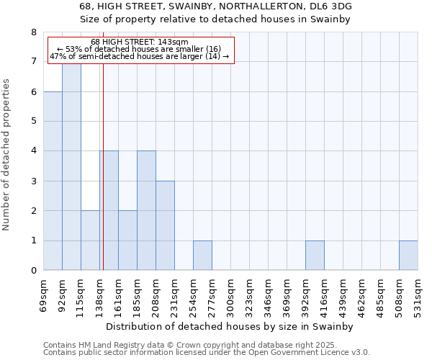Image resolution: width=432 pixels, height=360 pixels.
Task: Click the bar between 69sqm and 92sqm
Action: [53, 181]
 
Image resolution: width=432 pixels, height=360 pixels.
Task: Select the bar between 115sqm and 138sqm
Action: [90, 240]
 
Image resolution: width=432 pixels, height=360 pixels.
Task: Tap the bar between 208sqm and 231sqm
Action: [165, 225]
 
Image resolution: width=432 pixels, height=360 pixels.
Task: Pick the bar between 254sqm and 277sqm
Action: [202, 256]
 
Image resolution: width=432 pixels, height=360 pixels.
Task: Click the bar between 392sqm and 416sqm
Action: [315, 256]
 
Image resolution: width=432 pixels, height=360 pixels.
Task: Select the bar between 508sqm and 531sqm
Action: [408, 256]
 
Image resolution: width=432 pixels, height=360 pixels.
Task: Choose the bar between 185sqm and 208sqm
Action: [146, 210]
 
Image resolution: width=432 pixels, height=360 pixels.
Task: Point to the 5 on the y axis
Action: [33, 122]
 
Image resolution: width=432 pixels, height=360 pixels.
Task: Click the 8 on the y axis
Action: [33, 32]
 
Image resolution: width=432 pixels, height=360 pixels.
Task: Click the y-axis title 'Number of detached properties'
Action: [7, 155]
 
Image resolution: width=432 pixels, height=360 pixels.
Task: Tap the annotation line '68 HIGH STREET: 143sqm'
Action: [140, 42]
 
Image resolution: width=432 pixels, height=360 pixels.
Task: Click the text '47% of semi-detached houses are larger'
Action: [127, 56]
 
